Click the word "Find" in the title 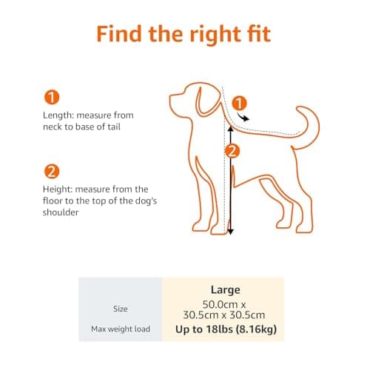coord(119,33)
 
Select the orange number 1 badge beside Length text coord(52,98)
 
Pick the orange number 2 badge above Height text coord(52,172)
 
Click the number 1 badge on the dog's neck coord(239,103)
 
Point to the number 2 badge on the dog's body coord(232,151)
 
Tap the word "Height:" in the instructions coord(58,189)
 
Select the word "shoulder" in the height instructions coord(61,212)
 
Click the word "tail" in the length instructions coord(114,127)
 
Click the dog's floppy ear coord(207,101)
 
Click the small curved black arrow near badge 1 coord(243,117)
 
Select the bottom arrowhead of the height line coord(230,232)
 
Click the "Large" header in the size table coord(226,290)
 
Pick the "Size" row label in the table coord(120,309)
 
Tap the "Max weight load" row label coord(121,329)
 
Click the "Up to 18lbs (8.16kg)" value coord(226,329)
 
